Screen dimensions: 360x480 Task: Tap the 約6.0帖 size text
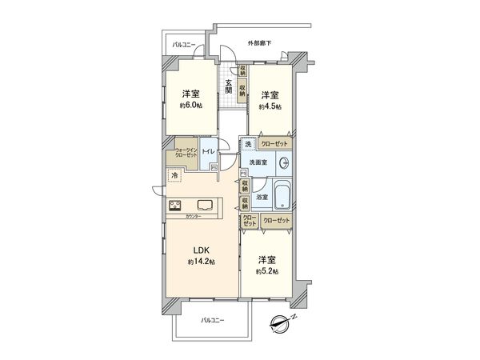coord(190,106)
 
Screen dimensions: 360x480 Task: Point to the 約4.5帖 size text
coord(270,106)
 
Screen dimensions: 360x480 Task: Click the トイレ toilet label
coord(207,150)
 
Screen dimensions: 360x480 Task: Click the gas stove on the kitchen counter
coord(176,204)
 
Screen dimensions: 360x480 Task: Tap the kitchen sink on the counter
coord(205,204)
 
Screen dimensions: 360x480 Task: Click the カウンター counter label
coord(191,216)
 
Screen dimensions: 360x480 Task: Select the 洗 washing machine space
coord(248,144)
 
